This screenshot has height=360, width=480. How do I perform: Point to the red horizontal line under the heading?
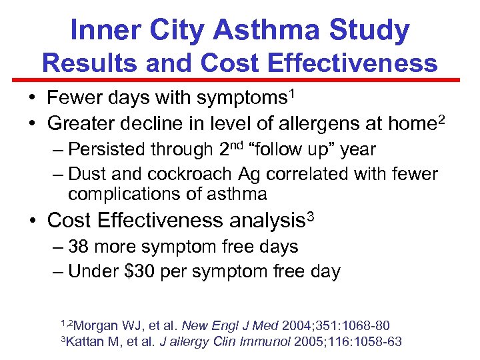point(240,80)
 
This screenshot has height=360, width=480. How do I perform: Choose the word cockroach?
point(197,174)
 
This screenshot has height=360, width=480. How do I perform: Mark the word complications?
point(119,195)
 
